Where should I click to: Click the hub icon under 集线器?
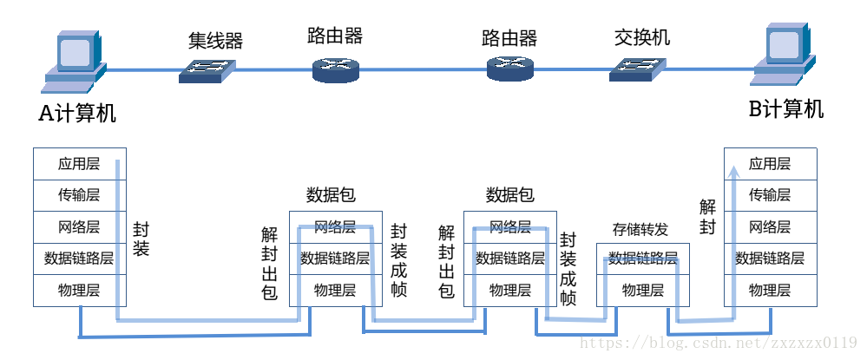coord(207,70)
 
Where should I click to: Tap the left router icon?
coord(335,69)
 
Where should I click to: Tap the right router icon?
coord(510,69)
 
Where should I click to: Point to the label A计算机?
coord(77,114)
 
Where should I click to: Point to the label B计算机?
coord(786,109)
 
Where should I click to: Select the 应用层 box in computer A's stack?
coord(79,164)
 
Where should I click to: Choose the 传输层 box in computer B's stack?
coord(770,195)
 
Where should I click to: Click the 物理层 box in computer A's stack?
coord(79,290)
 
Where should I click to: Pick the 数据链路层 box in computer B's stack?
coord(770,259)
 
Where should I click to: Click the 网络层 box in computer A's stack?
coord(79,227)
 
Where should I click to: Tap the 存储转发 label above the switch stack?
coord(640,230)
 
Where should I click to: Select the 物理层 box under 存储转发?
coord(643,291)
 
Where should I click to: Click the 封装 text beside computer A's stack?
coord(141,239)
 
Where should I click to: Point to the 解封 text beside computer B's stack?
coord(707,217)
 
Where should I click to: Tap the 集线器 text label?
coord(215,41)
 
